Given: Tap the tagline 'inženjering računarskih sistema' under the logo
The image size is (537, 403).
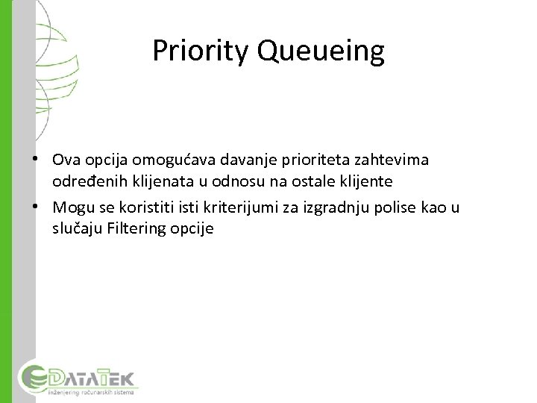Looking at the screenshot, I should point(91,391).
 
